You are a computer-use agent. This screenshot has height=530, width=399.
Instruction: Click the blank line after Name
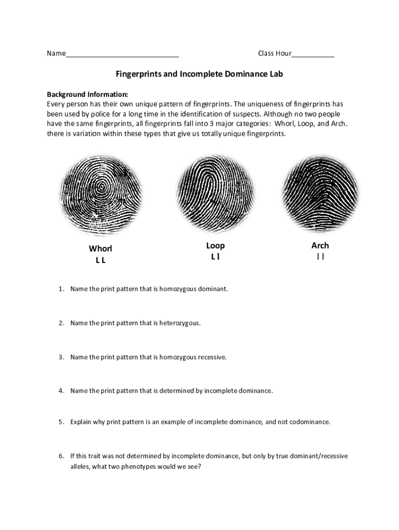pos(122,54)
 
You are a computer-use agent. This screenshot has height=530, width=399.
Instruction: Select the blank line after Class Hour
pos(313,54)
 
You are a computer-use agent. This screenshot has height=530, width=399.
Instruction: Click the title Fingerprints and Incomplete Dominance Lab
pos(199,74)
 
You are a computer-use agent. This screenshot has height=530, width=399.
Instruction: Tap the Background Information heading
pos(87,95)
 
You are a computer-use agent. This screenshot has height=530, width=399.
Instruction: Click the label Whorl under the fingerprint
pos(101,249)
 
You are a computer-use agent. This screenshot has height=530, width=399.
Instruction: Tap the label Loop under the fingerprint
pos(215,245)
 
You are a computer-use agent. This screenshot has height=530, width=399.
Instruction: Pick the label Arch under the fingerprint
pos(320,245)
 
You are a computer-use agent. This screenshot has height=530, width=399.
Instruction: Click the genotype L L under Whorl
pos(101,260)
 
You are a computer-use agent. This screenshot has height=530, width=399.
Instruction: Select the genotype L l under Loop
pos(215,257)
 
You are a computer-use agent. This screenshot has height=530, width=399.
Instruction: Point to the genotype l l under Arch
pos(320,257)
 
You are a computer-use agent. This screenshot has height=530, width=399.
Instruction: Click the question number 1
pos(61,289)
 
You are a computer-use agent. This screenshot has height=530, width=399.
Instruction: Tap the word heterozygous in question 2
pos(180,323)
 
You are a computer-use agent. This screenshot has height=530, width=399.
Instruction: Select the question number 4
pos(61,391)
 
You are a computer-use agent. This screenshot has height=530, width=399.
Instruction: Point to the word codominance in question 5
pos(310,422)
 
